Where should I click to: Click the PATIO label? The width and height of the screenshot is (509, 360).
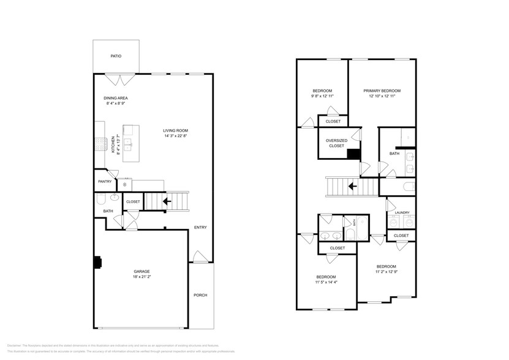pyautogui.click(x=116, y=56)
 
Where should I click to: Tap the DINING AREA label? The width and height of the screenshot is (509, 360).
pyautogui.click(x=115, y=98)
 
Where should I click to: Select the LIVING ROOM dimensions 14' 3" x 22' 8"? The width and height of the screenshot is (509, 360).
pyautogui.click(x=175, y=136)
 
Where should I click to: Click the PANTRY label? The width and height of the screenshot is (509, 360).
pyautogui.click(x=104, y=182)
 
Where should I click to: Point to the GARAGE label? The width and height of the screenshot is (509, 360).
pyautogui.click(x=142, y=271)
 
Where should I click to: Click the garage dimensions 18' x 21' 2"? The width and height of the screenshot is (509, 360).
pyautogui.click(x=142, y=277)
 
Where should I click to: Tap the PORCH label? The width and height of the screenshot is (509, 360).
pyautogui.click(x=200, y=295)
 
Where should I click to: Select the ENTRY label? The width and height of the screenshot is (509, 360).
pyautogui.click(x=200, y=227)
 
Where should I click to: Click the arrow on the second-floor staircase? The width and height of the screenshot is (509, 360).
pyautogui.click(x=353, y=186)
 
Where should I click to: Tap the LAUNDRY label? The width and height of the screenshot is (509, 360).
pyautogui.click(x=401, y=212)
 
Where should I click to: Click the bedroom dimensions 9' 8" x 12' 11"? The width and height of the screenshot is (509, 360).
pyautogui.click(x=322, y=96)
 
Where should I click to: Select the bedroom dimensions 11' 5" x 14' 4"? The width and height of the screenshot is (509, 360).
pyautogui.click(x=326, y=283)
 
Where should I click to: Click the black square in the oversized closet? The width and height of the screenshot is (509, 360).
pyautogui.click(x=353, y=154)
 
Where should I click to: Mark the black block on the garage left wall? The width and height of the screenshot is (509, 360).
pyautogui.click(x=96, y=261)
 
